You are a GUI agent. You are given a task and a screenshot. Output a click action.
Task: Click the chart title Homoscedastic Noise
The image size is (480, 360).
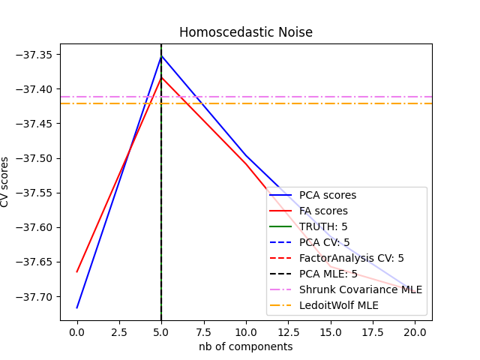pyautogui.click(x=245, y=32)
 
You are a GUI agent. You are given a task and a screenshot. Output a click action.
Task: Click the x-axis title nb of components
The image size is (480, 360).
pyautogui.click(x=245, y=346)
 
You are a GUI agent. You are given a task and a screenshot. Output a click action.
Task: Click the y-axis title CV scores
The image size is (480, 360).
pyautogui.click(x=5, y=182)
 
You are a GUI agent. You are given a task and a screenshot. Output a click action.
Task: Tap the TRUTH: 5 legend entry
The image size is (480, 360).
pyautogui.click(x=323, y=226)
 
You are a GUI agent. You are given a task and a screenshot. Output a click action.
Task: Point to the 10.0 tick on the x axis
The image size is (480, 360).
pyautogui.click(x=245, y=331)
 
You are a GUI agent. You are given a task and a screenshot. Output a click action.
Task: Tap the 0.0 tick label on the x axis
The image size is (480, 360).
pyautogui.click(x=77, y=331)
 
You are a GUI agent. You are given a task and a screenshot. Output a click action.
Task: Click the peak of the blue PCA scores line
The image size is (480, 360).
pyautogui.click(x=161, y=55)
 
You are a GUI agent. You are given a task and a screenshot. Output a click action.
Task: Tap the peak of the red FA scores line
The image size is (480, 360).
pyautogui.click(x=161, y=77)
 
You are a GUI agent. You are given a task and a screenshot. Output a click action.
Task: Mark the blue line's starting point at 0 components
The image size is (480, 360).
pyautogui.click(x=77, y=307)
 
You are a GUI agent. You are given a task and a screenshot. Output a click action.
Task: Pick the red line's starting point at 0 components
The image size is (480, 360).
pyautogui.click(x=77, y=271)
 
